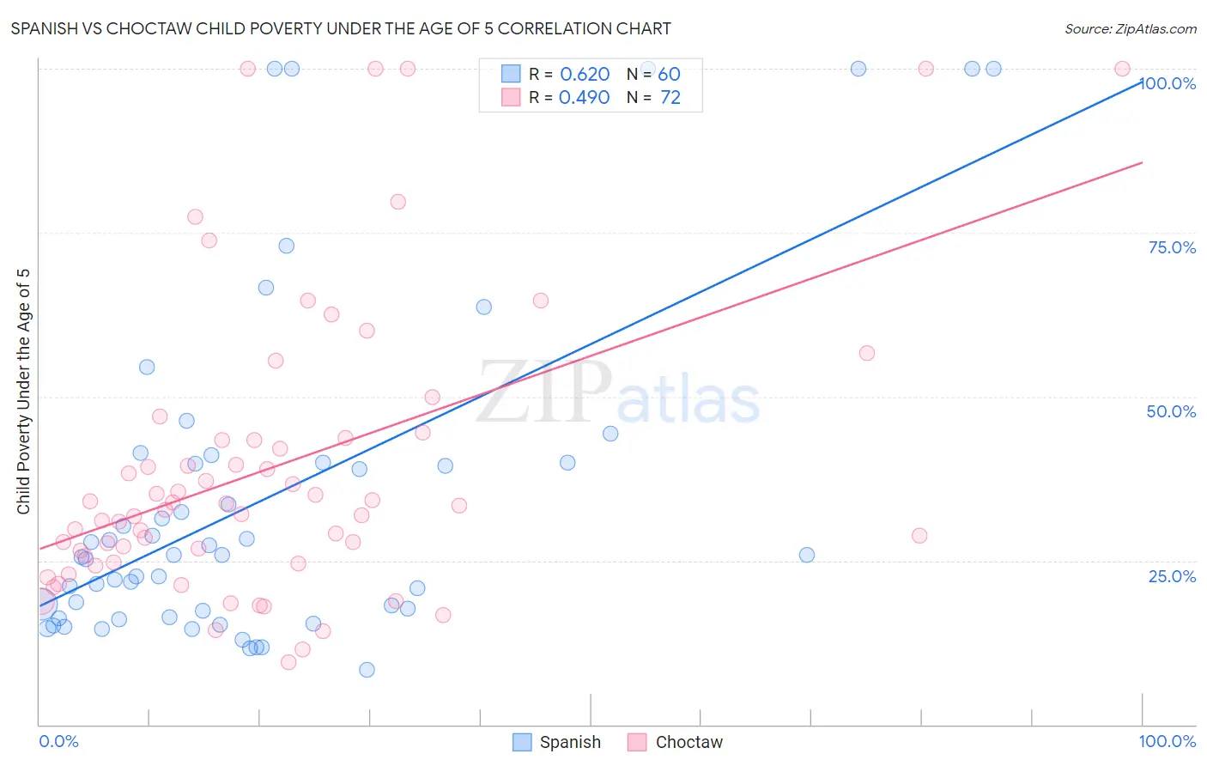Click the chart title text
pos(341,28)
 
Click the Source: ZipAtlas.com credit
pos(1130,28)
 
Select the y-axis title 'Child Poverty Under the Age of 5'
pos(23,392)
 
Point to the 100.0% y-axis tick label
pos(1168,83)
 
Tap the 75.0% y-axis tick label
pos(1172,247)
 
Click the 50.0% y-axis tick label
pos(1171,411)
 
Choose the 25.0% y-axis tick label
pos(1172,576)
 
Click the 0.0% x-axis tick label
pos(58,741)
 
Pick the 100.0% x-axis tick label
pos(1167,741)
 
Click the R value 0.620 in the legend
pos(585,74)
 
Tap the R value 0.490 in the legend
pos(585,97)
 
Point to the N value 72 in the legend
pos(670,97)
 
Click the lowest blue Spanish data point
pos(367,670)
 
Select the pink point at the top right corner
pos(1122,69)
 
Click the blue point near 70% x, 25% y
pos(807,555)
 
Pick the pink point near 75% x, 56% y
pos(867,353)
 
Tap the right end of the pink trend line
pos(1142,162)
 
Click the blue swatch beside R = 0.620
pos(511,74)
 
